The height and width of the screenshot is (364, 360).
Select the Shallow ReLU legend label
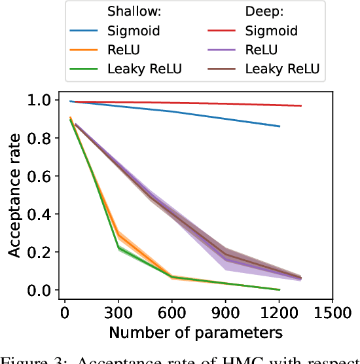pos(124,50)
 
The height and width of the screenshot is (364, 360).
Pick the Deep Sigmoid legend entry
pos(270,31)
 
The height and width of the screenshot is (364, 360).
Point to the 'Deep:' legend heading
pos(266,12)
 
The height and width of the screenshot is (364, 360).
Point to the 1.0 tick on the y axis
pos(39,100)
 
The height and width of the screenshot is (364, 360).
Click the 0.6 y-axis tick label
pos(39,176)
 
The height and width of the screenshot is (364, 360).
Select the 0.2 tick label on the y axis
pos(39,252)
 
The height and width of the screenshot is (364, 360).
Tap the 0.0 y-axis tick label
pos(39,290)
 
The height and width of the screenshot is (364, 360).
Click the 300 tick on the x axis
pos(118,312)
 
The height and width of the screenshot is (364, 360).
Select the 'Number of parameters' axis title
pos(196,332)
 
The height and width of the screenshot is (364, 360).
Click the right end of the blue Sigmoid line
pos(279,126)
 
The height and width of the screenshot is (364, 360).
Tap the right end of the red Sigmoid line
pos(301,105)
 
